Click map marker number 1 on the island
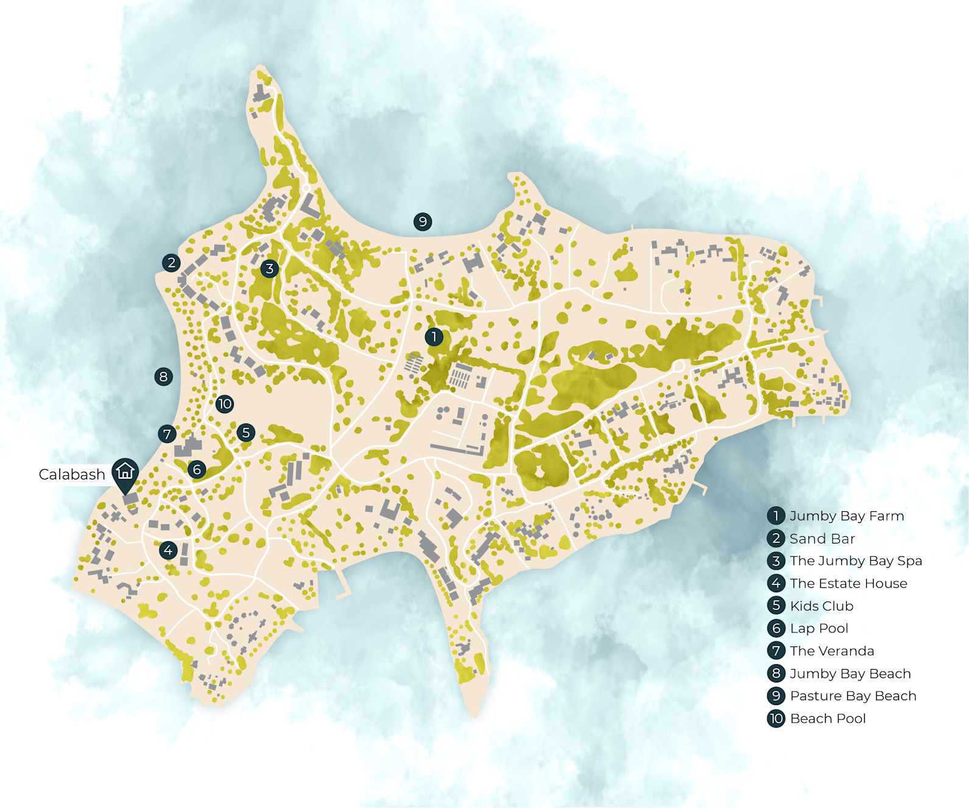434,336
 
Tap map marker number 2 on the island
171,263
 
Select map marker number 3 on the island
269,268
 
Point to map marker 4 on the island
168,550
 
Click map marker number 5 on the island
245,433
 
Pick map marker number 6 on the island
196,469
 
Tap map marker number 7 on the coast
167,434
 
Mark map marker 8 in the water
163,377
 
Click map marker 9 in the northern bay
423,221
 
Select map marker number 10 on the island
224,403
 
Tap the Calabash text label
72,475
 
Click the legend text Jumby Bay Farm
847,516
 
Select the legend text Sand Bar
822,539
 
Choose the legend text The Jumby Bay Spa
856,561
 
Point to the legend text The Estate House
848,583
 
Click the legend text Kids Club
822,606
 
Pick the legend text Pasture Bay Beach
853,696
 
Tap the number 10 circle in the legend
776,718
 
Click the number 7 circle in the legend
776,651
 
